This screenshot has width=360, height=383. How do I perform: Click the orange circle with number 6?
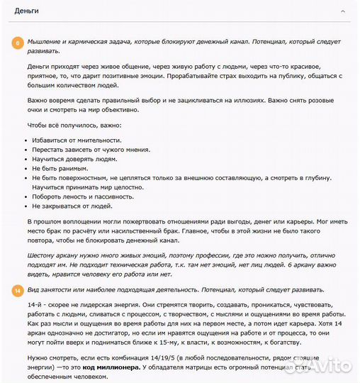coord(17,43)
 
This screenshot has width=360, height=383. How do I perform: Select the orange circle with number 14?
coord(17,290)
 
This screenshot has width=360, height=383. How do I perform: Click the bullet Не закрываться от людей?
coord(72,206)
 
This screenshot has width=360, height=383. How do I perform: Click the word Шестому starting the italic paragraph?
coord(45,255)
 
